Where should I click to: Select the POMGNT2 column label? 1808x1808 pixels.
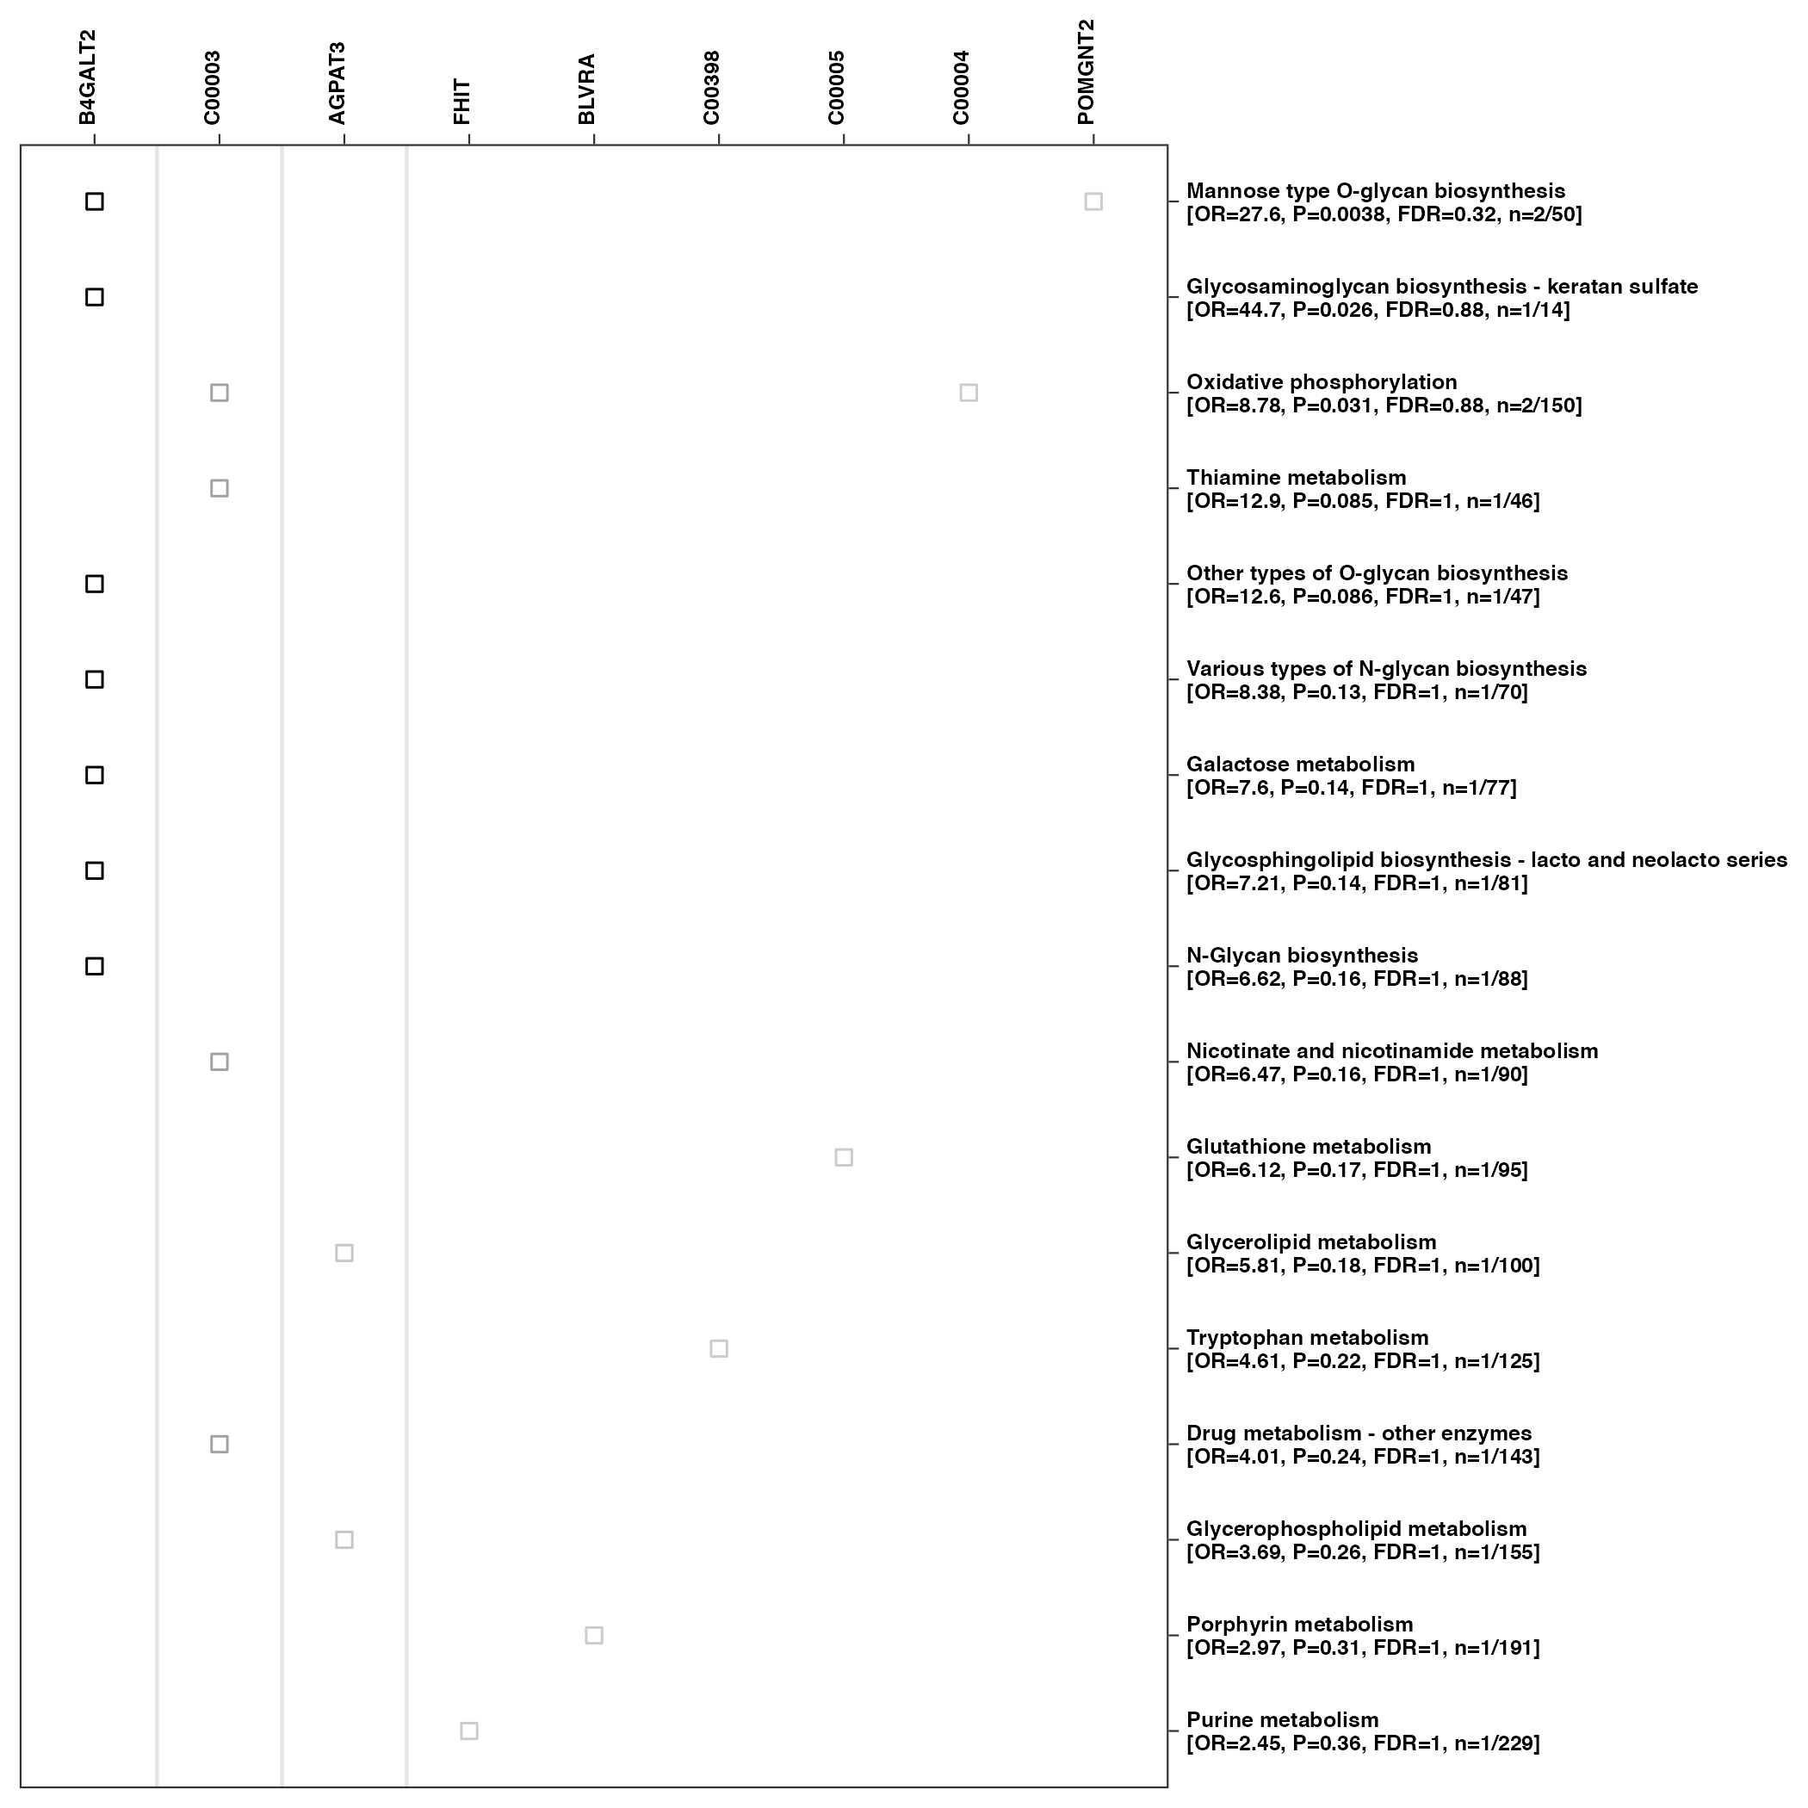[1086, 72]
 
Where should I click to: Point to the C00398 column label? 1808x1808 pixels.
[712, 88]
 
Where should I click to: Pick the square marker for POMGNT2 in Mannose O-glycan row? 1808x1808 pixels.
[1093, 202]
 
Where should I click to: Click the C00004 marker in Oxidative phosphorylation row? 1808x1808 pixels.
[969, 393]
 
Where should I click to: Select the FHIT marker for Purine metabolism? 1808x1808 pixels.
[469, 1731]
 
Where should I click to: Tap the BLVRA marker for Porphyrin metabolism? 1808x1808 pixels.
[593, 1636]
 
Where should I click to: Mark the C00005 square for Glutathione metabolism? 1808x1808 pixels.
[843, 1158]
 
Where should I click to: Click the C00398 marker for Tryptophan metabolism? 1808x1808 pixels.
[719, 1348]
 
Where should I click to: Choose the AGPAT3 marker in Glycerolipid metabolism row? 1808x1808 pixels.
[344, 1253]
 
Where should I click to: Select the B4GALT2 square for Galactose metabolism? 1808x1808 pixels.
[95, 775]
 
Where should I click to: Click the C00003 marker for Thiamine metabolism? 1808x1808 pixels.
[219, 488]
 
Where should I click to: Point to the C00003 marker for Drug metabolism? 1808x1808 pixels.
[219, 1444]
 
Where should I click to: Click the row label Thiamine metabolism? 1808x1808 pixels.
[1296, 478]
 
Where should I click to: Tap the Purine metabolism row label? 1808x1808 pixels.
[1282, 1720]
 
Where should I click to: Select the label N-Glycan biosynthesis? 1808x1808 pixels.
[1302, 956]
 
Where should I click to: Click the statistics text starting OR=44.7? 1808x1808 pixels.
[1378, 310]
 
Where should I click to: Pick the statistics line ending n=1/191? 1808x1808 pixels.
[1363, 1648]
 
